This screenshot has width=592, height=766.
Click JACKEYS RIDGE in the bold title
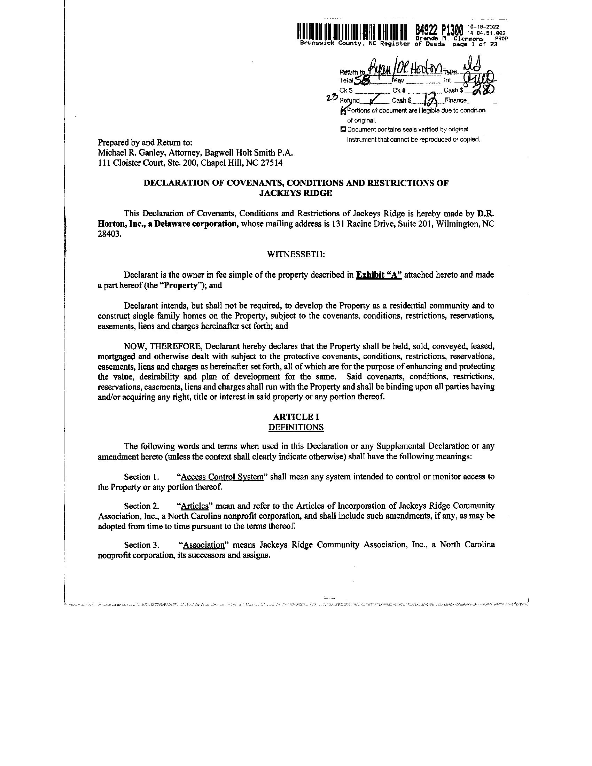pos(296,193)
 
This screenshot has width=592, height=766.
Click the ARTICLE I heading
pos(296,417)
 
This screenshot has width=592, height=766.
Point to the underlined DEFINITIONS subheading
pos(296,427)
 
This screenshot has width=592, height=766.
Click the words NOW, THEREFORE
pos(162,346)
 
